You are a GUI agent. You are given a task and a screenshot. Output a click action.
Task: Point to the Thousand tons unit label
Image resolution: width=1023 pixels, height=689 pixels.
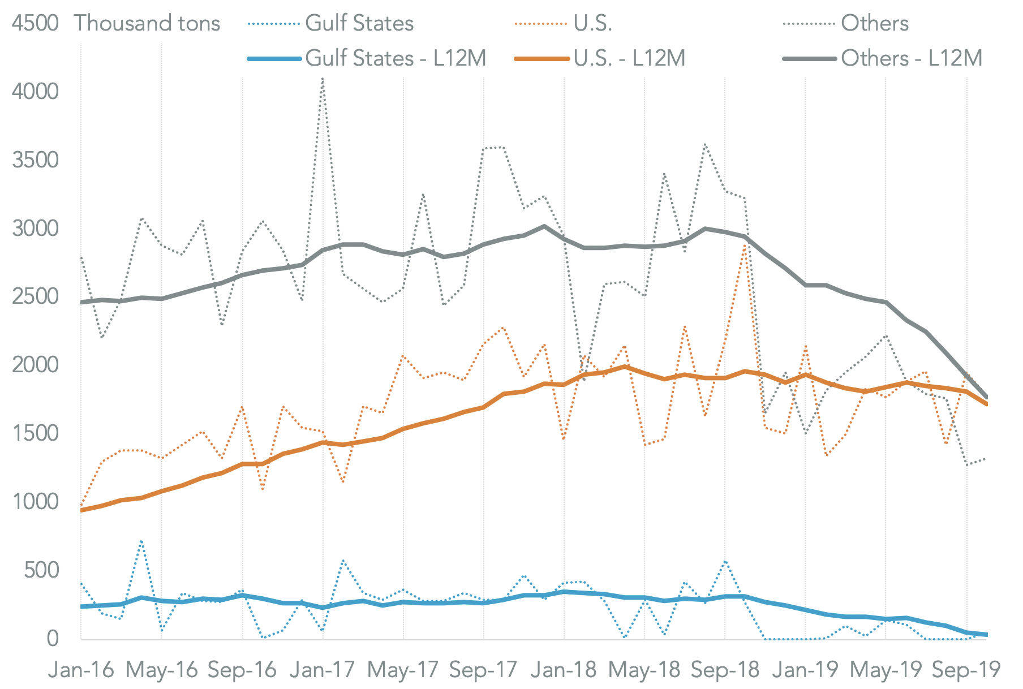pos(147,23)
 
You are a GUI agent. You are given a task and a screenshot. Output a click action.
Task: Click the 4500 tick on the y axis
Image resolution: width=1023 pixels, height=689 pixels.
pos(35,23)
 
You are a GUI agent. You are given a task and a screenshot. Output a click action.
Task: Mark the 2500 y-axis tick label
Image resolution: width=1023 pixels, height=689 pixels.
pos(35,296)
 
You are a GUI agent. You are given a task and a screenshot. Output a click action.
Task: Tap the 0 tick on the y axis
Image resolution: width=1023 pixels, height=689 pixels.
pos(53,639)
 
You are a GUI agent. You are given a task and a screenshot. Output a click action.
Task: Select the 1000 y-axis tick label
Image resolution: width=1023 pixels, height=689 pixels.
pos(35,502)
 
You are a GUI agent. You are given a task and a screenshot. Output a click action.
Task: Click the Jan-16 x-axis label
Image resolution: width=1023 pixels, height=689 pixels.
pos(81,670)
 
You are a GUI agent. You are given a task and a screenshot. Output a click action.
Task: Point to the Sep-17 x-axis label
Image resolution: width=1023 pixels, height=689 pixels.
pos(483,670)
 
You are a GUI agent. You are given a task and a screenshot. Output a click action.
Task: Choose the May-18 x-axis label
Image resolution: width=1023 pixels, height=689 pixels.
pos(644,670)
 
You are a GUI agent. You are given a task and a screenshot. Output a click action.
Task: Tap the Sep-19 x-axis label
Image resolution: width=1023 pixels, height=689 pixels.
pos(966,670)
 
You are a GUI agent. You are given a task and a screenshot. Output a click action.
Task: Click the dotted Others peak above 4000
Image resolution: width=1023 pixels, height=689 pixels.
pos(323,79)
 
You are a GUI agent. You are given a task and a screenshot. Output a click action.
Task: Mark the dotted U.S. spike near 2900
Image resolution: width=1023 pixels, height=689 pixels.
pos(745,244)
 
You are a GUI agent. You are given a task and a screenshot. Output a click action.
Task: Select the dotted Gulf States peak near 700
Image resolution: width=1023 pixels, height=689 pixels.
pos(141,541)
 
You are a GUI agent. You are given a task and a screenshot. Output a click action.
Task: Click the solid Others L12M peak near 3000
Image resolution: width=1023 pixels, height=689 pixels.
pos(544,226)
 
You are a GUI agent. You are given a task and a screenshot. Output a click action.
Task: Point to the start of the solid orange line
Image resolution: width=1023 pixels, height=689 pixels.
pos(82,510)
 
